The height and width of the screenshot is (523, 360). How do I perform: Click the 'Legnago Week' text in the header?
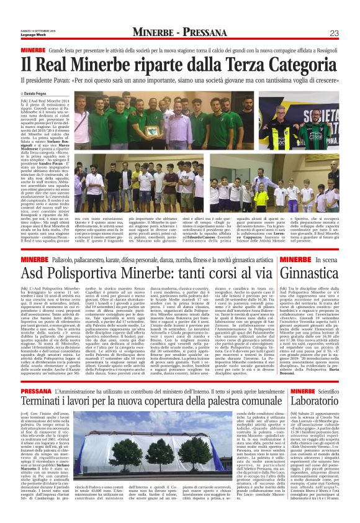pyautogui.click(x=33, y=37)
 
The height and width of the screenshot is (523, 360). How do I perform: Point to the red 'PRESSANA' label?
pyautogui.click(x=37, y=374)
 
